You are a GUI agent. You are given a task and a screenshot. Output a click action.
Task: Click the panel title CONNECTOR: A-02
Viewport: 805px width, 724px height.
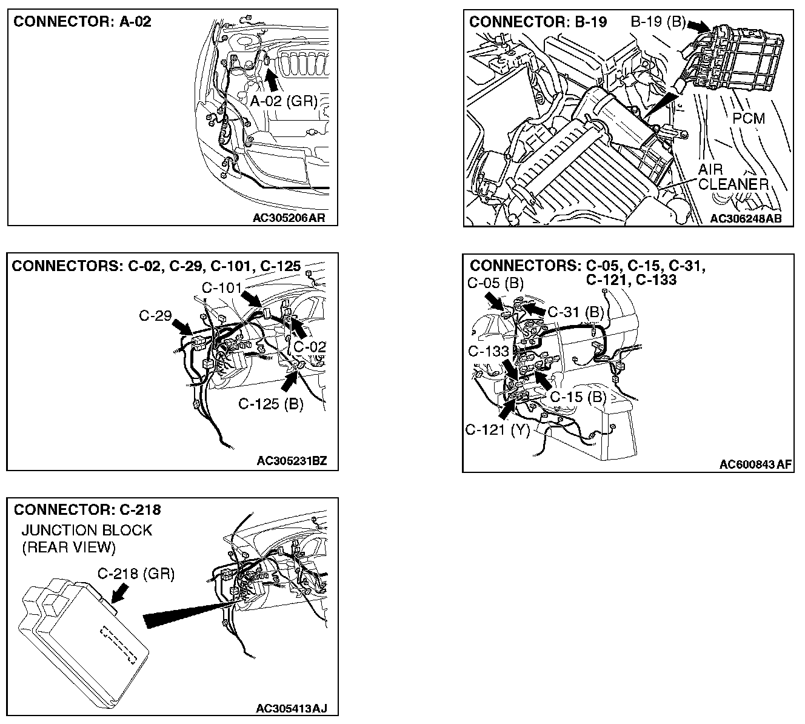click(x=82, y=22)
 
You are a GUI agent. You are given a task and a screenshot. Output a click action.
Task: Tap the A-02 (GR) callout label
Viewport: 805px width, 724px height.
click(x=284, y=101)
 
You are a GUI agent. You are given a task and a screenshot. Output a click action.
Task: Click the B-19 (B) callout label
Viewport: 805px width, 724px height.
click(x=658, y=22)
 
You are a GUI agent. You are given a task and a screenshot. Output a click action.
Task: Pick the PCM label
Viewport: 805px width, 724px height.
click(x=749, y=118)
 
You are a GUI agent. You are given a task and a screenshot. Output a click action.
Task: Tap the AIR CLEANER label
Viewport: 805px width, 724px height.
click(x=733, y=176)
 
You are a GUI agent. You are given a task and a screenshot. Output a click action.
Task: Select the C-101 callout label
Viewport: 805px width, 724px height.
click(x=222, y=287)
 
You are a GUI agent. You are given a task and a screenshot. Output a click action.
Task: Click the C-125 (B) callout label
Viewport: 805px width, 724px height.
click(x=270, y=404)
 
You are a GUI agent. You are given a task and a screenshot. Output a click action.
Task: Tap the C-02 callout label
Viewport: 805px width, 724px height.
click(x=310, y=347)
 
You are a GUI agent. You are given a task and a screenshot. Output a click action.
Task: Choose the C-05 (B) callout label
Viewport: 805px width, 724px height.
click(x=495, y=283)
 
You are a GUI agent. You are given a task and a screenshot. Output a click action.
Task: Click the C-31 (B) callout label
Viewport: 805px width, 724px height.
click(x=576, y=312)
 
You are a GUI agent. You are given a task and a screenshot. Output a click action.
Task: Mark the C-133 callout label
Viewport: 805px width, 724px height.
click(x=488, y=351)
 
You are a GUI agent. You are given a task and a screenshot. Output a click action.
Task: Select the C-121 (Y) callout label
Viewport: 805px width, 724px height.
click(x=498, y=430)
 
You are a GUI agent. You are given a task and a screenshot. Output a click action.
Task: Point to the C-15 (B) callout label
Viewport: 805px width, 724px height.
click(x=578, y=397)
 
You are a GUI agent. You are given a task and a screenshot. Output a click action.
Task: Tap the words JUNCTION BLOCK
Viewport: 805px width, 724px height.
click(x=87, y=530)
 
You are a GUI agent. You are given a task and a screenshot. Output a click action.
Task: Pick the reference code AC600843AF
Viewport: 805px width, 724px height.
click(x=755, y=464)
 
